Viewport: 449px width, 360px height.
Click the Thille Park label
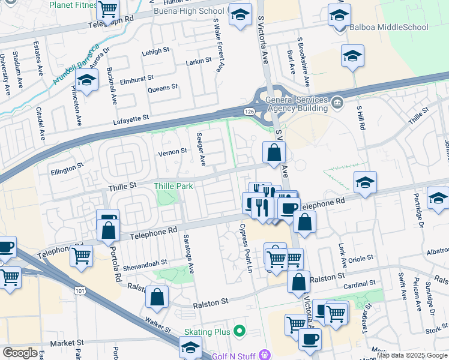173,187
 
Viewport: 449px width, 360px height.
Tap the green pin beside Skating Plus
240,331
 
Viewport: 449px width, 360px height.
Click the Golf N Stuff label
233,356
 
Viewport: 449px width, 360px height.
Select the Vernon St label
172,152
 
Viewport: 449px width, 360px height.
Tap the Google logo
20,353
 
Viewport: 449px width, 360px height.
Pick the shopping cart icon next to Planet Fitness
107,9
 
